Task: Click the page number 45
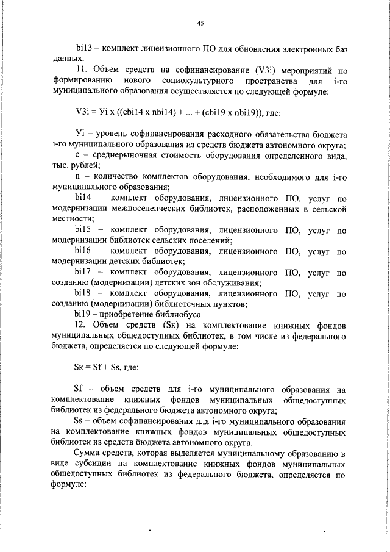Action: tap(200, 23)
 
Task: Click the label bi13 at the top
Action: tap(83, 47)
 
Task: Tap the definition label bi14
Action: tap(83, 198)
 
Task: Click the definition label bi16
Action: tap(83, 251)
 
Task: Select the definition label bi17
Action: tap(83, 271)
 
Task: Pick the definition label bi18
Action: tap(83, 293)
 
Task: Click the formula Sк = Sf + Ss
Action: tap(97, 367)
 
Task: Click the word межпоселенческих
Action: tap(141, 208)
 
